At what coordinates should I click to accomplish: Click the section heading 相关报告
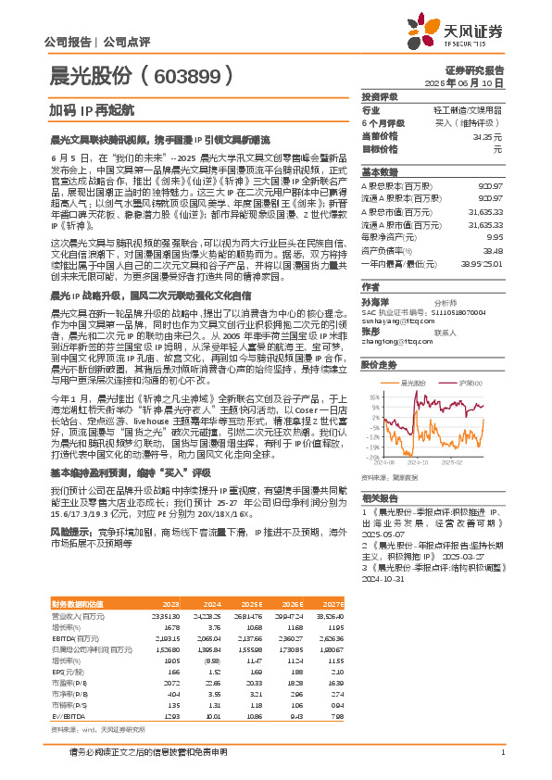click(x=377, y=497)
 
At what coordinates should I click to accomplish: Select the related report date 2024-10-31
click(x=389, y=574)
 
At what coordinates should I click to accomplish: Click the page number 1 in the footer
click(x=502, y=753)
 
